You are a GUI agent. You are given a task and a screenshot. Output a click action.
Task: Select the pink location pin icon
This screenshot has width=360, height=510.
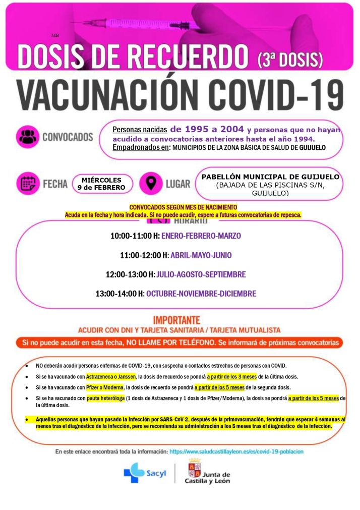(x=149, y=184)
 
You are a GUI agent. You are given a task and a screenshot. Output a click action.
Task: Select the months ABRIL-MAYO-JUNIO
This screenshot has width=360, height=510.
(x=201, y=255)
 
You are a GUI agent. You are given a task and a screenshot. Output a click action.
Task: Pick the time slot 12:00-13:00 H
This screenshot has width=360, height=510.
(x=130, y=274)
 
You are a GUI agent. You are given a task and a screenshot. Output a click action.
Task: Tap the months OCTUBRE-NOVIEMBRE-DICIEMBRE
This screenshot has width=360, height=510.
(x=201, y=294)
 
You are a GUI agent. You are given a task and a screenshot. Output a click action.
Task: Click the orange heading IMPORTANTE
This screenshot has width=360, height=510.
(x=176, y=320)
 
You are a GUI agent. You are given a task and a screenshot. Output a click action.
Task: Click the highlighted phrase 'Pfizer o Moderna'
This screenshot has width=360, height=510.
(x=105, y=387)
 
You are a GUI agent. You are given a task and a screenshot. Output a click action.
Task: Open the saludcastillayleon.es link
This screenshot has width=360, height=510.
(x=236, y=451)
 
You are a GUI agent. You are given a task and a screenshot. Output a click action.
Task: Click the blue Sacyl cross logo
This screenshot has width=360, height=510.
(x=134, y=473)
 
